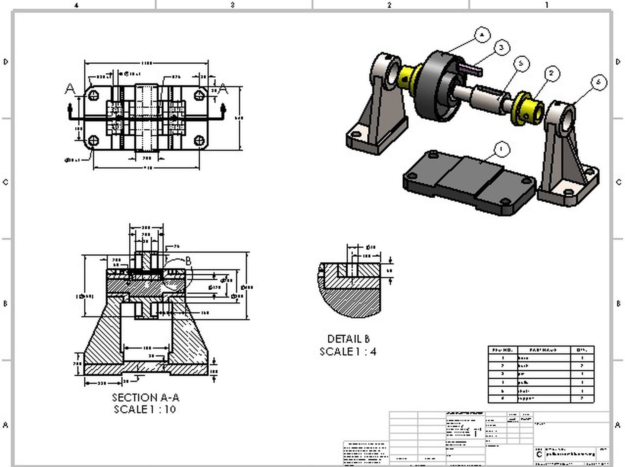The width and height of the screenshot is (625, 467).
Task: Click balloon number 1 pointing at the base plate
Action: tap(501, 150)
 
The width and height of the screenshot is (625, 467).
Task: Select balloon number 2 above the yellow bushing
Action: tap(551, 74)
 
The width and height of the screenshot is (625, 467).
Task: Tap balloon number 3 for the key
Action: tap(501, 47)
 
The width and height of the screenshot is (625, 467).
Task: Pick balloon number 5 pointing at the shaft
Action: tap(521, 64)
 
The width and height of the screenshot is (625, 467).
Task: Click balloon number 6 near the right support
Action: tap(599, 82)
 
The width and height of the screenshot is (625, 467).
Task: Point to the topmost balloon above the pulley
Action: tap(482, 35)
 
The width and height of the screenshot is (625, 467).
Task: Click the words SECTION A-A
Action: tap(145, 397)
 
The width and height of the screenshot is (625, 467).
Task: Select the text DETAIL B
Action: tap(349, 339)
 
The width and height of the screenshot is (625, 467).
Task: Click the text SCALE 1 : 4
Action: tap(348, 352)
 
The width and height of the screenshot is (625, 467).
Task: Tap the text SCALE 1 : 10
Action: tap(145, 409)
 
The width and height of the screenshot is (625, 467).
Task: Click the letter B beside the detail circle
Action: tap(189, 261)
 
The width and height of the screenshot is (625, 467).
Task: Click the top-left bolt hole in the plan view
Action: tap(93, 95)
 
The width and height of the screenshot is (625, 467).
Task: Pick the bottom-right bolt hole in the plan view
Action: tap(199, 141)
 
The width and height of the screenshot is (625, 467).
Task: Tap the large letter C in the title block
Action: tap(539, 454)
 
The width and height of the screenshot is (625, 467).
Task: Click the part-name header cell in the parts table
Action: tap(544, 350)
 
